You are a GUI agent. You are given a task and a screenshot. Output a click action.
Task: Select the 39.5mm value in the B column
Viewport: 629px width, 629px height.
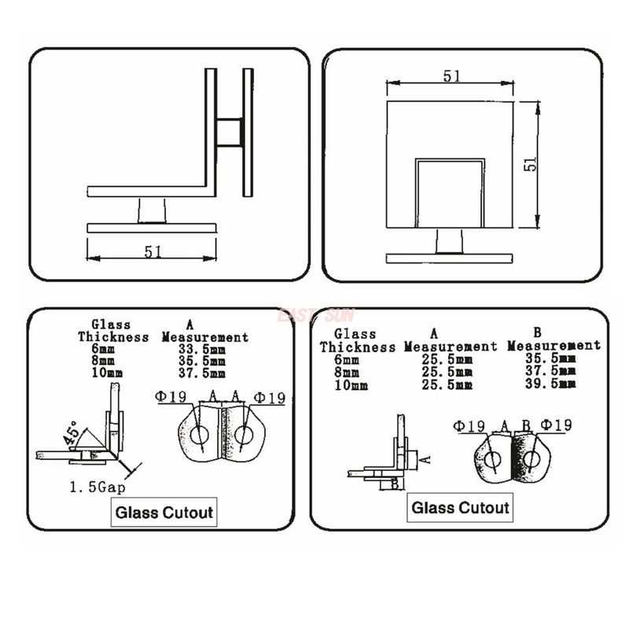(550, 384)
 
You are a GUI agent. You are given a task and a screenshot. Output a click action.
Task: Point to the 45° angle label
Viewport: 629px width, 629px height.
(72, 434)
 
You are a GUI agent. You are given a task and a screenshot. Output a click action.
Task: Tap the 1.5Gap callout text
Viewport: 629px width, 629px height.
(97, 487)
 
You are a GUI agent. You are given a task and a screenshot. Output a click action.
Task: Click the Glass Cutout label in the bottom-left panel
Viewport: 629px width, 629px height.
(164, 513)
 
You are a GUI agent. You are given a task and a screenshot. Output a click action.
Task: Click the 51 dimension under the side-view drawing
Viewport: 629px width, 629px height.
(153, 252)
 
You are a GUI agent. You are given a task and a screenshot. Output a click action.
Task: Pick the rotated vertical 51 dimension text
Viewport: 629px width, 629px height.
(532, 163)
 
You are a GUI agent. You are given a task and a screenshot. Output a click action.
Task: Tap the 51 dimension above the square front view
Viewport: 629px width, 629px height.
(451, 76)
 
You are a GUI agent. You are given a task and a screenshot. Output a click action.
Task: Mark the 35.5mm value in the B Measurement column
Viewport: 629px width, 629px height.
(550, 359)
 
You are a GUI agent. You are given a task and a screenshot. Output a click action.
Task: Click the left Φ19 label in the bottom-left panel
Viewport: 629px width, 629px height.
(171, 398)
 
